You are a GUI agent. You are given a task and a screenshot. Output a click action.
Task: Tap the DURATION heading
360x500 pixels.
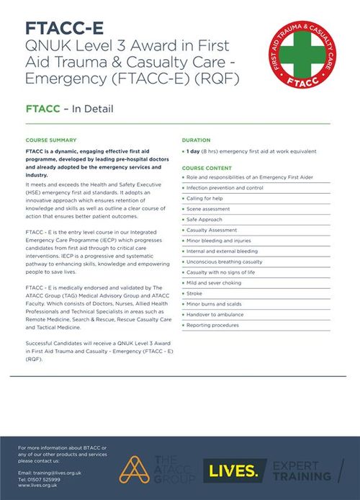coord(197,140)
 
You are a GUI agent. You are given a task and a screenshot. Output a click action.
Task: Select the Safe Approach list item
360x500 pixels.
coord(206,218)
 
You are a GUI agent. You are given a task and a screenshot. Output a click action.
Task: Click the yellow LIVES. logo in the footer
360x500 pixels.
coord(231,470)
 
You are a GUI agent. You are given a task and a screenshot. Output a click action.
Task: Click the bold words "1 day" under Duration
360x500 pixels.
coord(194,151)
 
